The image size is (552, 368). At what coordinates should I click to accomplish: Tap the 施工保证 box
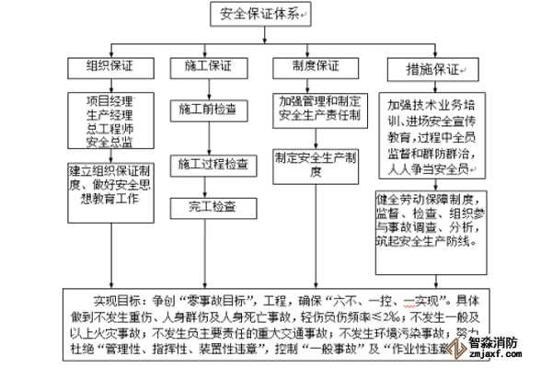click(209, 66)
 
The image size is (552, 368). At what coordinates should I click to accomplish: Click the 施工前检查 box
click(208, 109)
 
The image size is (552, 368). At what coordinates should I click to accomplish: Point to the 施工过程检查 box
click(213, 166)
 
